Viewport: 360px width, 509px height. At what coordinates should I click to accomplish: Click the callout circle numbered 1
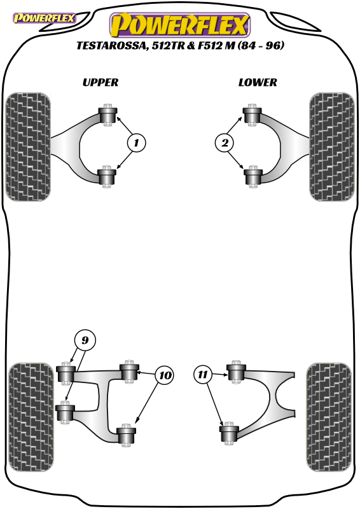(x=136, y=143)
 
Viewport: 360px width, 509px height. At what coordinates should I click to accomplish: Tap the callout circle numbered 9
(x=85, y=340)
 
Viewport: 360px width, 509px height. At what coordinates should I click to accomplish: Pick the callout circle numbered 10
(x=165, y=375)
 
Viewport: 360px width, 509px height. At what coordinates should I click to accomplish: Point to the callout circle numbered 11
(x=202, y=375)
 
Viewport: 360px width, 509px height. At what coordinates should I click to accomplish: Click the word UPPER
(x=100, y=83)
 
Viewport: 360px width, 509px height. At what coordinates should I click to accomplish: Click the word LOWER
(x=258, y=83)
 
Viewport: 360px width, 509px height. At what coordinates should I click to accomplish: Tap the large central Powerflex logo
(x=180, y=25)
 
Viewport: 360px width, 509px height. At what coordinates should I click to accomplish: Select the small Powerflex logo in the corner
(x=44, y=18)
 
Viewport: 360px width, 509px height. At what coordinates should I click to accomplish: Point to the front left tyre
(x=28, y=147)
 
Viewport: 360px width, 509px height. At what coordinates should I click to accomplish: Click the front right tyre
(x=332, y=147)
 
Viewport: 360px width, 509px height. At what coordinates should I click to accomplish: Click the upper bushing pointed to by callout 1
(x=107, y=115)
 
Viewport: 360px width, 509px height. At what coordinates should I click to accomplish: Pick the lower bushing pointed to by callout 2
(x=253, y=176)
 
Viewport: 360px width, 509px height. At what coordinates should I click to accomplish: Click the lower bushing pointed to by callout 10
(x=127, y=435)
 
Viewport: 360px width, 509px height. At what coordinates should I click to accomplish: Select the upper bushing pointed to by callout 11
(x=237, y=372)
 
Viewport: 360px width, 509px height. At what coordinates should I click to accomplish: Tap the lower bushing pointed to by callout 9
(x=66, y=412)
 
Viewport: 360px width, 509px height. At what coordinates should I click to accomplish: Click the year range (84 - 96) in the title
(x=261, y=45)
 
